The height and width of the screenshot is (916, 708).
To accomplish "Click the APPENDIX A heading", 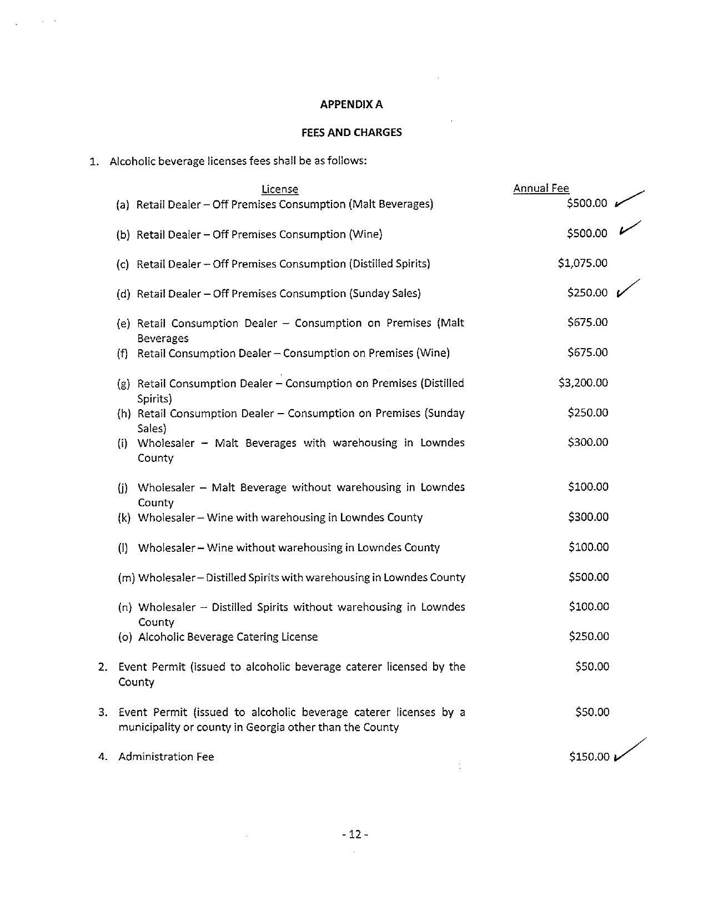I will click(352, 104).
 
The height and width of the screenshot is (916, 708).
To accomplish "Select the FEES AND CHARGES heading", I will click(352, 132).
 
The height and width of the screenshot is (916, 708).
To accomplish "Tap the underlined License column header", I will click(280, 189).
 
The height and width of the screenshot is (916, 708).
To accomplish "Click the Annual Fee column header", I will click(541, 188).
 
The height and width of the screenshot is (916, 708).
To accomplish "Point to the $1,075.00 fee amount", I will click(583, 263).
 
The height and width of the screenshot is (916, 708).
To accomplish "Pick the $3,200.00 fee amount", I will click(583, 382).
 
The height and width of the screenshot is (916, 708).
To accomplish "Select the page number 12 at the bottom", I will click(355, 834).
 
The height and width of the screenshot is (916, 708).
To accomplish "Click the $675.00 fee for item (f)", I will click(588, 353).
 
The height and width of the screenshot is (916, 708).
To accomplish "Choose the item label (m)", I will click(127, 577).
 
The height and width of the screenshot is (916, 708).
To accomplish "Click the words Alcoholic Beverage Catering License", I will click(228, 637).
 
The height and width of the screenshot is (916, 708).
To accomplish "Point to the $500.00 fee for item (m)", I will click(589, 577).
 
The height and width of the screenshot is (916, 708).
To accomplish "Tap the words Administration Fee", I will click(166, 757).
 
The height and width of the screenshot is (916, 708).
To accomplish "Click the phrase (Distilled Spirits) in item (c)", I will click(389, 264).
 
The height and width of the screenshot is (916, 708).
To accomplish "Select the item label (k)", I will click(124, 517).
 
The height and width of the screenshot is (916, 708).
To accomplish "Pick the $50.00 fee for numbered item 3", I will click(592, 712).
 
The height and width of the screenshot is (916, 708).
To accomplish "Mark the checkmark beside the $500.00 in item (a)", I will click(629, 199).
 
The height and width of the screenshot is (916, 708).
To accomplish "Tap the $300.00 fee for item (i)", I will click(588, 442).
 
